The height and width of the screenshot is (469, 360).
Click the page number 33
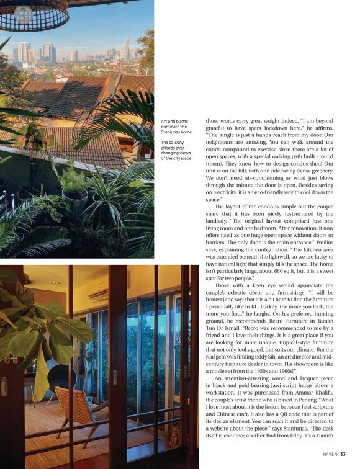pyautogui.click(x=342, y=454)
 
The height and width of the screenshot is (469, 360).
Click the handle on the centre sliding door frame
pyautogui.click(x=114, y=377)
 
